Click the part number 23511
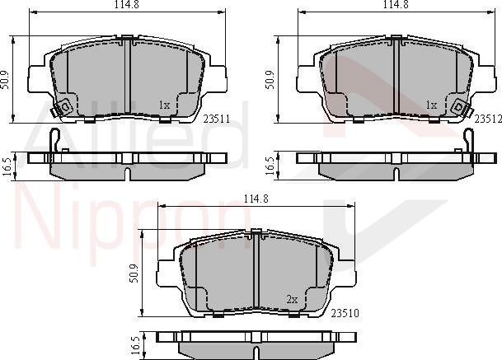[214, 119]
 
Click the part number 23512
[486, 118]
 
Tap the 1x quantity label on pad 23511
[164, 105]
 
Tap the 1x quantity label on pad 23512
[430, 105]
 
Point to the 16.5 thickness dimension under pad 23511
[7, 164]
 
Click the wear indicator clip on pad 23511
[60, 106]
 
